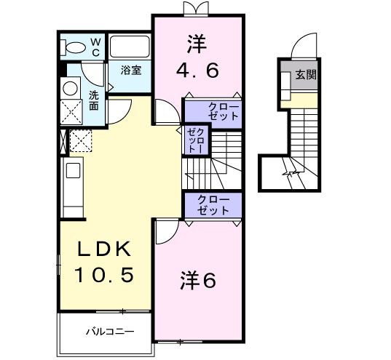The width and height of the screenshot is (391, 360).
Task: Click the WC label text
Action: [95, 47]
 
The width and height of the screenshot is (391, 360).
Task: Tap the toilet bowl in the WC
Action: [74, 47]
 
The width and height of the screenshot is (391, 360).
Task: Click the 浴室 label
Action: [132, 71]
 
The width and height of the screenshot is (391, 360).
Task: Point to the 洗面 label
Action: [95, 100]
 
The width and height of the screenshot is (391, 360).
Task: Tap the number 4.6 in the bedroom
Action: [197, 71]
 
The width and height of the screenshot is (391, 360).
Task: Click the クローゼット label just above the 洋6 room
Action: [213, 204]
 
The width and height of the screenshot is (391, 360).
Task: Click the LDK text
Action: [104, 249]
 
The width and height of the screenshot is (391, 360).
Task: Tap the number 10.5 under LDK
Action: [104, 275]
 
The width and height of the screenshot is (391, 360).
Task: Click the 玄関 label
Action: [305, 74]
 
